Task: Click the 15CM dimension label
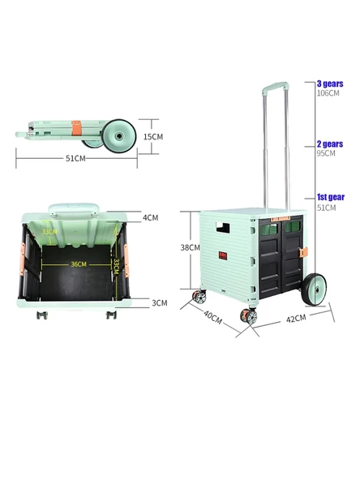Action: click(x=153, y=136)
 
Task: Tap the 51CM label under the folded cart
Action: click(x=76, y=158)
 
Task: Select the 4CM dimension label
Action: click(x=151, y=217)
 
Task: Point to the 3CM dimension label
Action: click(x=160, y=302)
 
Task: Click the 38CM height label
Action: click(x=190, y=247)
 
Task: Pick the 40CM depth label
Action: click(x=212, y=317)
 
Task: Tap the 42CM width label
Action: click(x=295, y=318)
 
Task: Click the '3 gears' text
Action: click(x=329, y=84)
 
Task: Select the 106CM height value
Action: click(x=327, y=92)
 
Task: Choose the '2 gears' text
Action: click(x=329, y=144)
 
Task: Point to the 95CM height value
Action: click(x=325, y=152)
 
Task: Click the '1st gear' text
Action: click(x=329, y=198)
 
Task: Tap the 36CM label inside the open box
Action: click(x=78, y=264)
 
